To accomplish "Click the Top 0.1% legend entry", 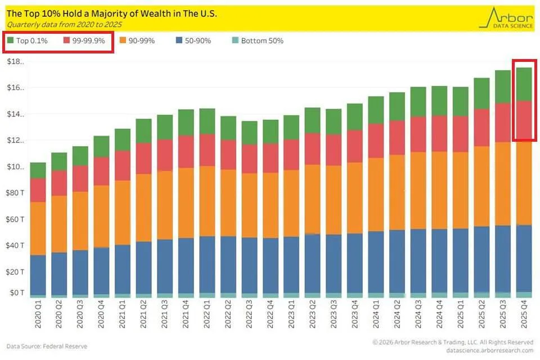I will click(28, 41).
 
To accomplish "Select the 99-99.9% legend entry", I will click(84, 41).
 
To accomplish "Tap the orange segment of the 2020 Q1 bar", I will click(38, 228).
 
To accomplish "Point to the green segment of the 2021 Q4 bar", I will click(186, 123).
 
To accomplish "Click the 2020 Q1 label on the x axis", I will click(38, 318).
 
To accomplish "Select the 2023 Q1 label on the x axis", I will click(291, 318).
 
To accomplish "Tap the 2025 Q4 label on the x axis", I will click(524, 318).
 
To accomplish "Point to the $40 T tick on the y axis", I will click(16, 245).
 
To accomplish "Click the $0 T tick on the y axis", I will click(16, 292).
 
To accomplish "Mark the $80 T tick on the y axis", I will click(16, 193).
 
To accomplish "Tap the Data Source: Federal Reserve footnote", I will click(47, 346).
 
